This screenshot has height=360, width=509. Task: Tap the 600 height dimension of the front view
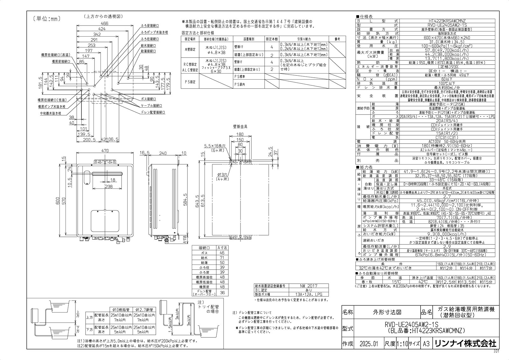click(x=58, y=201)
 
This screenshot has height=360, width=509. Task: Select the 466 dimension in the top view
click(x=105, y=24)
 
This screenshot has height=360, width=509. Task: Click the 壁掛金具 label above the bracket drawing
click(x=240, y=126)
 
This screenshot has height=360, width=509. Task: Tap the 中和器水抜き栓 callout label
click(x=50, y=113)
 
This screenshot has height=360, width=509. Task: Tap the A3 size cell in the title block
click(x=426, y=344)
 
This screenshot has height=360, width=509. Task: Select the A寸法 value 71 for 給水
click(x=222, y=258)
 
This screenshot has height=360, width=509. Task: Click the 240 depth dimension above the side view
click(x=163, y=153)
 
